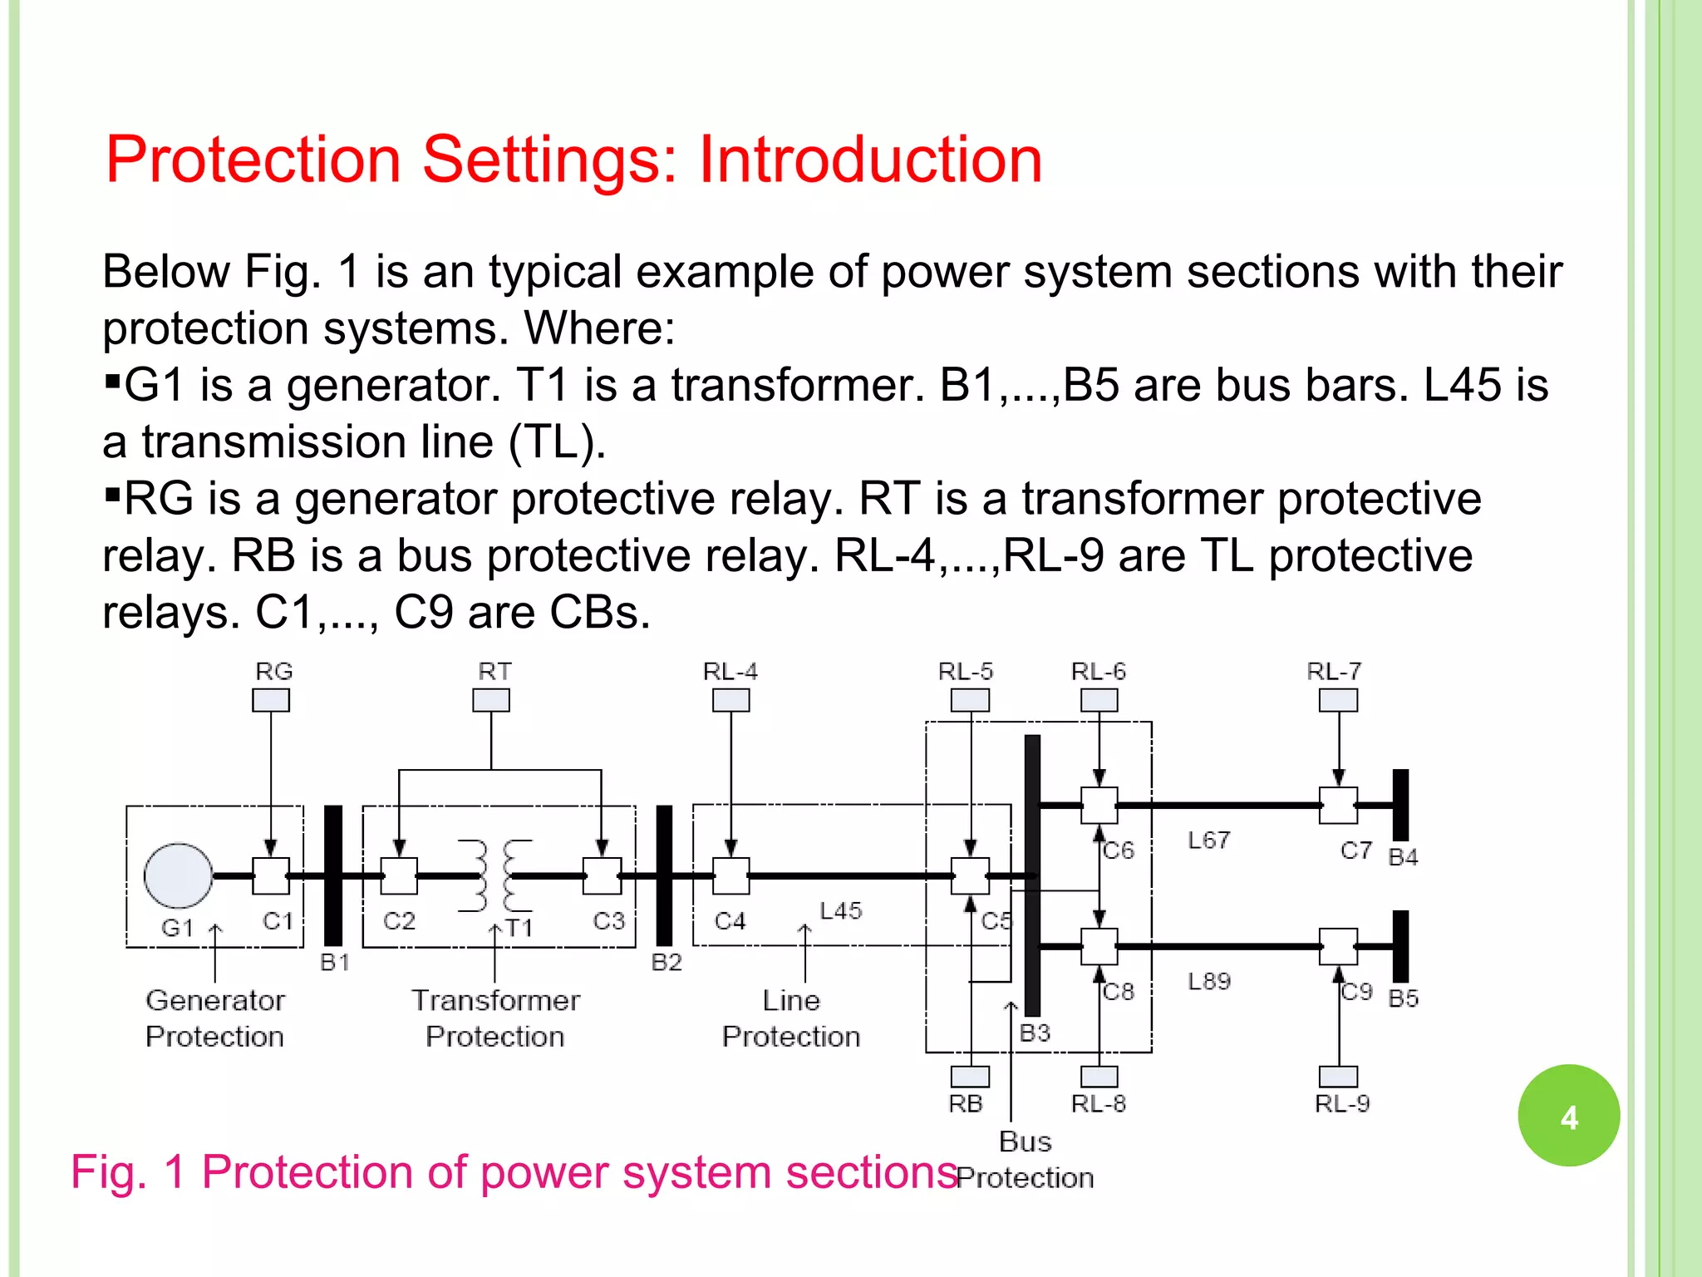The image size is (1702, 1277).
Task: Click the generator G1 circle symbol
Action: [178, 875]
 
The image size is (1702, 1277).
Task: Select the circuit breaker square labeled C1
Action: [271, 875]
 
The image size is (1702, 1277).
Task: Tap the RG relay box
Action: [271, 700]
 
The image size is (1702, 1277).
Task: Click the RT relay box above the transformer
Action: [491, 700]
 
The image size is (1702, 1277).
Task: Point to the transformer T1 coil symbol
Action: [495, 875]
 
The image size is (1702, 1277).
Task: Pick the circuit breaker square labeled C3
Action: [602, 875]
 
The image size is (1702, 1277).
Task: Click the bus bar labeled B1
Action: [333, 875]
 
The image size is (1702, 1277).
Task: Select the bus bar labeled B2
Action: [664, 875]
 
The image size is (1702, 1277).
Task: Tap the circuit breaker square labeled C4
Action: [730, 875]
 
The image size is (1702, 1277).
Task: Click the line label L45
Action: [840, 911]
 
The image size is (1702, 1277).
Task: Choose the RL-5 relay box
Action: [970, 700]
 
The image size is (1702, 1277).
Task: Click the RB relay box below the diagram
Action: [970, 1077]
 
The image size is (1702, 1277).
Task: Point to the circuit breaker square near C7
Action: [1338, 805]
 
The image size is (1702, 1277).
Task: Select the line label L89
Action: [1208, 981]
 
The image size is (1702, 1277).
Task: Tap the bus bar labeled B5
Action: [1400, 946]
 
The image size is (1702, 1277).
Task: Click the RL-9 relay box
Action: [1338, 1077]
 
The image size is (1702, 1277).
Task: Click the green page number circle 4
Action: [1568, 1116]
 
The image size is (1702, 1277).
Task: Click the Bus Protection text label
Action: [1025, 1159]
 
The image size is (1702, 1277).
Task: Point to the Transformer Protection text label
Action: [495, 1018]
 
